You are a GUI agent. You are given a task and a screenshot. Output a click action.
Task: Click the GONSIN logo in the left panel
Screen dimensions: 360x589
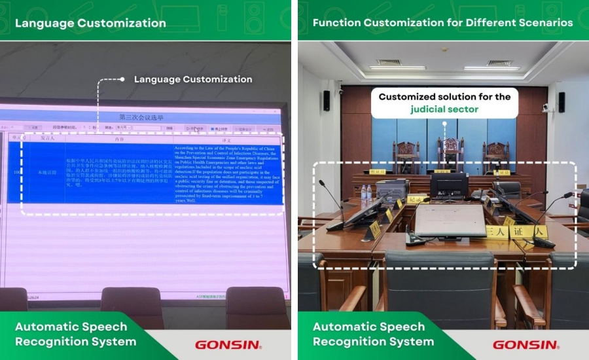(x=228, y=345)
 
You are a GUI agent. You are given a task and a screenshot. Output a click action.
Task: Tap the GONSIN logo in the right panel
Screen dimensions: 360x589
(x=526, y=345)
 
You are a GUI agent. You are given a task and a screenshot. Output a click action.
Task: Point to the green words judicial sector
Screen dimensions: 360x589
(x=444, y=109)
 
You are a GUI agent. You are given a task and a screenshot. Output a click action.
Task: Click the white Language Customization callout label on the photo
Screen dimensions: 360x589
(x=193, y=79)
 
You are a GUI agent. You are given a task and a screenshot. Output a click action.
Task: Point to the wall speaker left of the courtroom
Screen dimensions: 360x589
(x=326, y=100)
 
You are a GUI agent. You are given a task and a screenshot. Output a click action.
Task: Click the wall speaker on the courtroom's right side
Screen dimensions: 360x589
(x=561, y=101)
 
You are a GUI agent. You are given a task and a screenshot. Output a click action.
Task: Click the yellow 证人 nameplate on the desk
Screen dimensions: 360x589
(x=527, y=232)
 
